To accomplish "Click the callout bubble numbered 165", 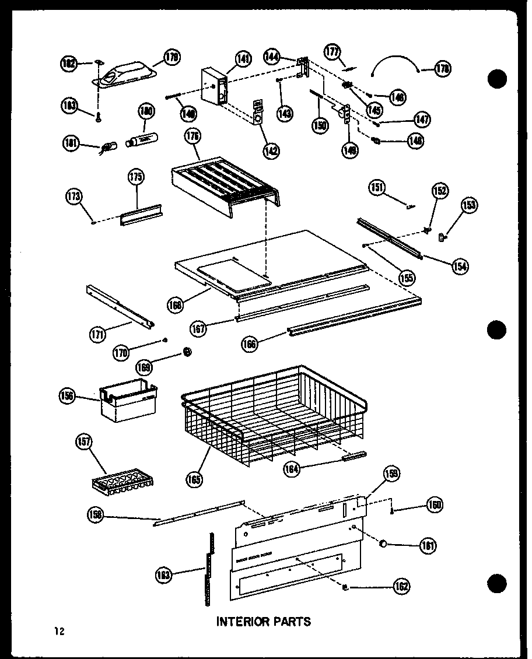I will tap(194, 479).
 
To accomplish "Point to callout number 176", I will tap(192, 138).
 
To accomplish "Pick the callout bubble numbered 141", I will tap(243, 58).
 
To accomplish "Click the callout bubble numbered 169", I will tap(143, 367).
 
